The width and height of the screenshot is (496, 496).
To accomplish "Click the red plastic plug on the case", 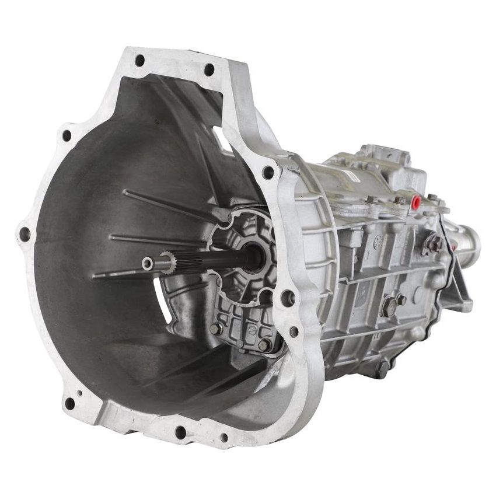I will (x=417, y=202).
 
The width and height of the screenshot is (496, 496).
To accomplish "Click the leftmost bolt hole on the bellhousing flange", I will (x=25, y=234).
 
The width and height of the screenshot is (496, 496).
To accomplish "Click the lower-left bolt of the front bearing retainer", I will (x=215, y=329).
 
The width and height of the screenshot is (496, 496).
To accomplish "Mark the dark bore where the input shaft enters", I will (x=253, y=257).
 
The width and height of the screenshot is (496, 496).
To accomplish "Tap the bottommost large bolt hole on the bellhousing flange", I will (x=181, y=432).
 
